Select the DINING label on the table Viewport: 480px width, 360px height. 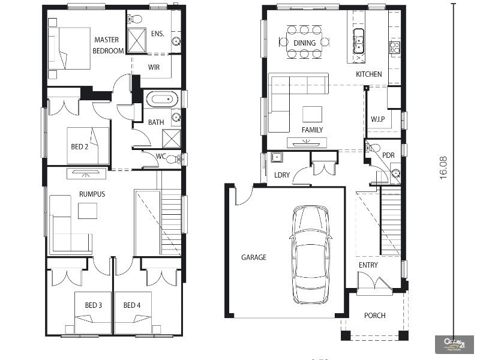(304, 43)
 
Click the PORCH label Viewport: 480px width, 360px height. (374, 316)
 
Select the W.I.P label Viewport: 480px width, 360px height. (377, 118)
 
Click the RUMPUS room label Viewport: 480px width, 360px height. (92, 194)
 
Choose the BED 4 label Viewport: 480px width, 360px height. (132, 305)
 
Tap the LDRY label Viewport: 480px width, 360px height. (282, 175)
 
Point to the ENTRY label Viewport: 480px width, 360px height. (368, 265)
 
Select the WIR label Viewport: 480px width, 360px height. (154, 67)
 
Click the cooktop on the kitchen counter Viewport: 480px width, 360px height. (395, 47)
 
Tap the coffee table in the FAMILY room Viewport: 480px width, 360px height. (311, 114)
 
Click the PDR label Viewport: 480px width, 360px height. (388, 154)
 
